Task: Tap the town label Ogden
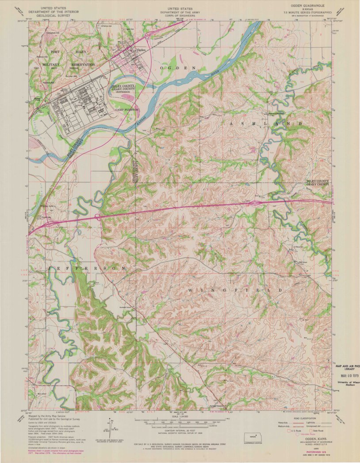(142, 50)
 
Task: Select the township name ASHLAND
(267, 123)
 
